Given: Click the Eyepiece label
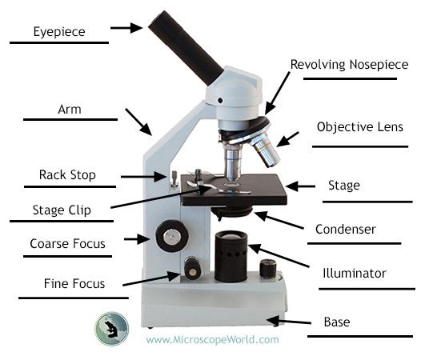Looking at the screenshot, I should click(x=59, y=32).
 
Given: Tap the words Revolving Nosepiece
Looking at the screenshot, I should click(x=349, y=64).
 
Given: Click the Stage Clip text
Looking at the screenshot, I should click(x=61, y=211).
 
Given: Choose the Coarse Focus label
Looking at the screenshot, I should click(x=67, y=243).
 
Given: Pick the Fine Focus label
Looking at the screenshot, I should click(x=74, y=283).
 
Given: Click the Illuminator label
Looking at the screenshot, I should click(x=354, y=274).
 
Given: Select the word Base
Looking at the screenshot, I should click(x=336, y=323).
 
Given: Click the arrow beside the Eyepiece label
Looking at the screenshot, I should click(x=126, y=28).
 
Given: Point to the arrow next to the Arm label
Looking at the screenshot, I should click(x=138, y=121).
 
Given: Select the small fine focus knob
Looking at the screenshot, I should click(x=192, y=269).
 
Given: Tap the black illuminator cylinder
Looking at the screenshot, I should click(x=231, y=256).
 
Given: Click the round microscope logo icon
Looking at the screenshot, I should click(x=112, y=330).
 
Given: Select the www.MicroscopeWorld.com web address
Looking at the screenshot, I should click(x=212, y=339).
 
